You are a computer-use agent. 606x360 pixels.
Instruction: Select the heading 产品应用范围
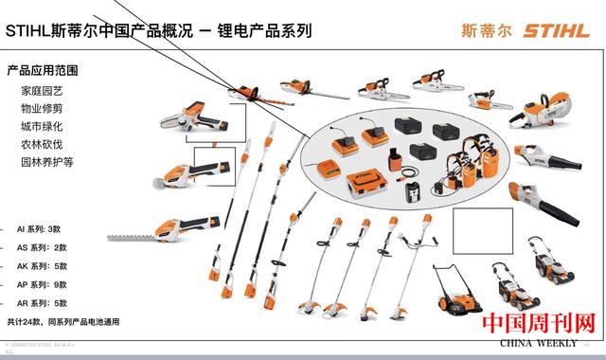tap(42, 70)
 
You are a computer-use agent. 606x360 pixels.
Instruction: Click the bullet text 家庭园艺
tap(43, 91)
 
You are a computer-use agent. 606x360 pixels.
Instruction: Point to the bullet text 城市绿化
tap(43, 126)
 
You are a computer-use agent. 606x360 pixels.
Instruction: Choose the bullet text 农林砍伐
tap(43, 144)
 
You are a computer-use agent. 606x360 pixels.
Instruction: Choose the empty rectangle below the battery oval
tap(482, 226)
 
